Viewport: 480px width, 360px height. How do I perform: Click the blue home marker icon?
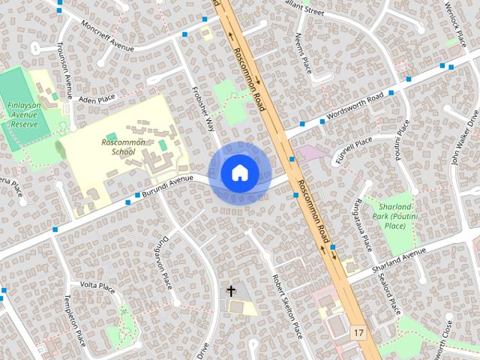click(239, 172)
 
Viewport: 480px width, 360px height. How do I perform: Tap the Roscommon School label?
click(118, 146)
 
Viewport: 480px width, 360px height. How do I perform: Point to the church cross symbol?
click(231, 291)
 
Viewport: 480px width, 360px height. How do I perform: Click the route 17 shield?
click(358, 331)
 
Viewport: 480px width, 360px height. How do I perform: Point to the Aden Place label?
click(97, 98)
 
